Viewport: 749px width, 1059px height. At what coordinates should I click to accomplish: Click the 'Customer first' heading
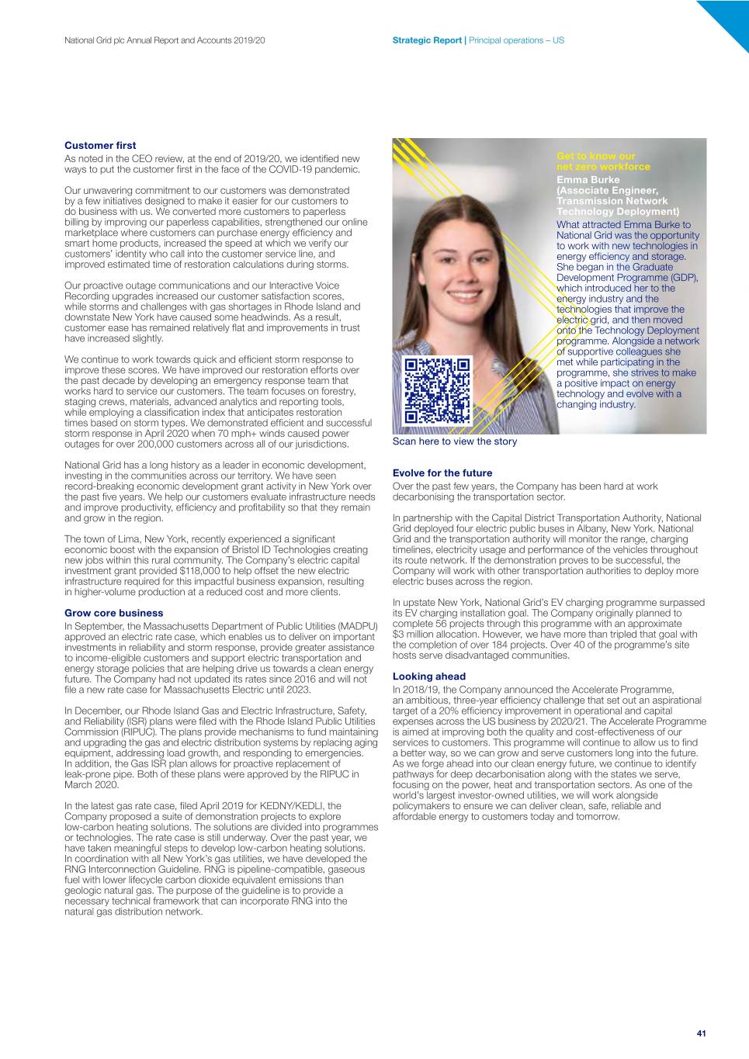point(100,145)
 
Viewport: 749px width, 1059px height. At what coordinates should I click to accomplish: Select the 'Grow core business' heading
point(113,613)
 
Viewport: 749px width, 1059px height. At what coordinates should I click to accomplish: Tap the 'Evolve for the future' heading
point(442,472)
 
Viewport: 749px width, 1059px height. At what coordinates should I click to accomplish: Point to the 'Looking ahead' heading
point(428,677)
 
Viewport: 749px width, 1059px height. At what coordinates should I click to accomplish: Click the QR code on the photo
point(438,390)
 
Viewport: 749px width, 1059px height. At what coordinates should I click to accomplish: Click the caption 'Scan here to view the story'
point(454,441)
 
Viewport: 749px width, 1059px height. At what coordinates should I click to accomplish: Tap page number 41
point(701,1033)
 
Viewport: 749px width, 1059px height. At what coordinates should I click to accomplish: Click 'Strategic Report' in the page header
point(427,40)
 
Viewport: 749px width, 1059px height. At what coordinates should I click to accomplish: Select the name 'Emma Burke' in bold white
point(588,180)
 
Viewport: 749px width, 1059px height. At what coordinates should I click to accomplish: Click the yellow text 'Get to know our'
point(595,156)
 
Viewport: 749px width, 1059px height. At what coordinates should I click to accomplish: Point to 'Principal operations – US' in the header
point(516,40)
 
